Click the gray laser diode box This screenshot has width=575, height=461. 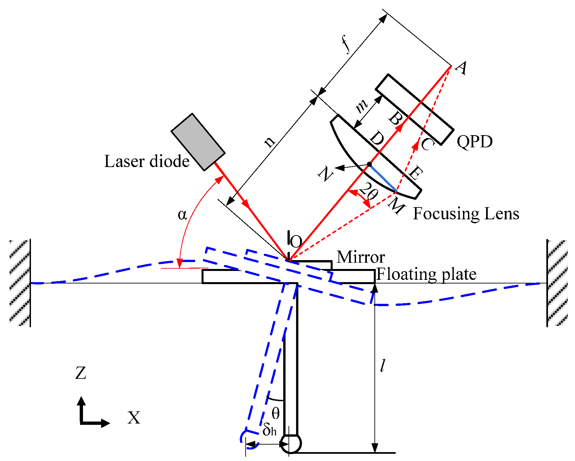tap(198, 142)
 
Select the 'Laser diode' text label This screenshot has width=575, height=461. tap(147, 161)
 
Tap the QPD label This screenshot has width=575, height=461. tap(475, 142)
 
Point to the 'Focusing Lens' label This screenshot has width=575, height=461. tap(466, 214)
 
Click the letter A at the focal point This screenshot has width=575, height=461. tap(461, 68)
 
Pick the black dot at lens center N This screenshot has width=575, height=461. tap(370, 164)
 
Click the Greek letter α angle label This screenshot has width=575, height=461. tap(182, 215)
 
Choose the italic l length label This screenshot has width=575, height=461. tap(382, 365)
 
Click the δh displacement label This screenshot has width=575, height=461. tap(269, 429)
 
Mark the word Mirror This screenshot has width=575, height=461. tap(361, 257)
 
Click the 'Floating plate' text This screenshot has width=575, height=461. tap(426, 274)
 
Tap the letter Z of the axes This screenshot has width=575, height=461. tap(81, 373)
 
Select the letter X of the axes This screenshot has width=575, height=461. tap(134, 418)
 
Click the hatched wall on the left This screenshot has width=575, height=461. tap(20, 283)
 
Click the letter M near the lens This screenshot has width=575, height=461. tap(396, 206)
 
